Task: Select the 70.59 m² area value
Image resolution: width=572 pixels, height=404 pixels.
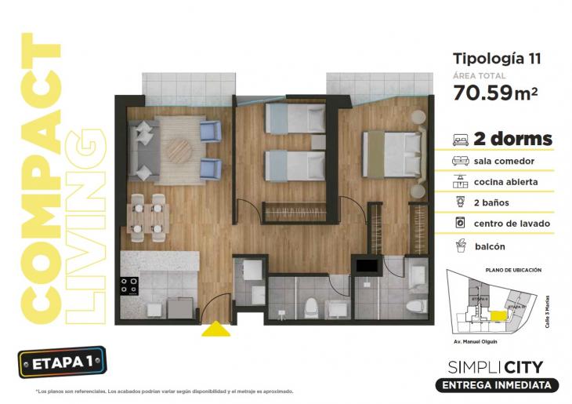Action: (x=495, y=93)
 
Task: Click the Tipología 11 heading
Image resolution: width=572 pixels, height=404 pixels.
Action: (x=497, y=58)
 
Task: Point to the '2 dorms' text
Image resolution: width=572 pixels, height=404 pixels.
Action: (x=513, y=140)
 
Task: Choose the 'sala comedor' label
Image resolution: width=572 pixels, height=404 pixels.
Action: (x=504, y=161)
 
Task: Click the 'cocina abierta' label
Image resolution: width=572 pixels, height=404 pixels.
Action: (x=505, y=182)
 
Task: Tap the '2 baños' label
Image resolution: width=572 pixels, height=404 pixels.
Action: (x=491, y=202)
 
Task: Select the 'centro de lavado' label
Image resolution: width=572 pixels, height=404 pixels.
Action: (x=512, y=224)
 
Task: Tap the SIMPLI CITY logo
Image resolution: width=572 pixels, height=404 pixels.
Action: (x=495, y=366)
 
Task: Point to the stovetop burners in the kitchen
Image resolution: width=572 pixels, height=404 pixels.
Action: (x=129, y=286)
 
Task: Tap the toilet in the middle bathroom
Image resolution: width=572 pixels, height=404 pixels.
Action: (x=310, y=306)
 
